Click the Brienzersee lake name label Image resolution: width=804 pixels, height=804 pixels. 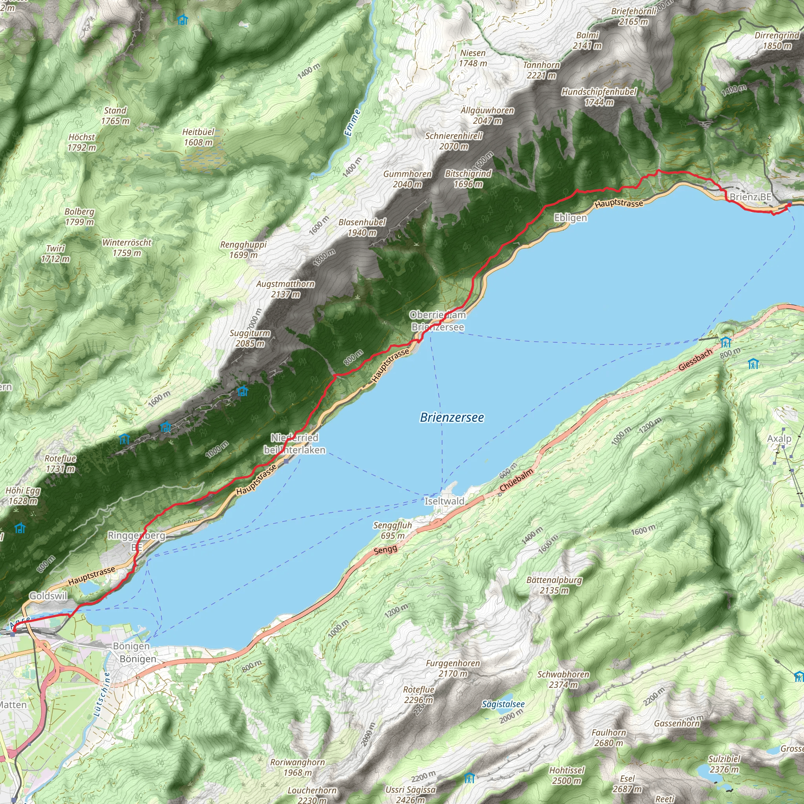click(x=451, y=417)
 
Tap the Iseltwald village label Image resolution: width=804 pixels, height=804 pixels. click(x=444, y=501)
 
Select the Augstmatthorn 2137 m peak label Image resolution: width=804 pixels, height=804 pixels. click(x=285, y=289)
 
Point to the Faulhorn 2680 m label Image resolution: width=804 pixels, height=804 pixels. click(x=608, y=737)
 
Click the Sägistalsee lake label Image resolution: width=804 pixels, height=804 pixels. click(x=503, y=704)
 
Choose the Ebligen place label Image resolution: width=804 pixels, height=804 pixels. click(x=570, y=217)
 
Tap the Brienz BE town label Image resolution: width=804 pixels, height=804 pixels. click(x=750, y=197)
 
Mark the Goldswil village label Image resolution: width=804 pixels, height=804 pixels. click(x=48, y=596)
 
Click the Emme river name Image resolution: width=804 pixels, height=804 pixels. click(x=353, y=123)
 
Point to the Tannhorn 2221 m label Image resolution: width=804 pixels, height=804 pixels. click(x=541, y=70)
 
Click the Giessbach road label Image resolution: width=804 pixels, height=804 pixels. click(x=695, y=360)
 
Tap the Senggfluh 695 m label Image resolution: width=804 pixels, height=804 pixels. click(x=393, y=530)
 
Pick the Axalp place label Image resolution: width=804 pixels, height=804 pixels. click(x=779, y=439)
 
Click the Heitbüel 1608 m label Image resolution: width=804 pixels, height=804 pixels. click(x=198, y=137)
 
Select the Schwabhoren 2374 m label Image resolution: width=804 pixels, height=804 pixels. click(x=563, y=679)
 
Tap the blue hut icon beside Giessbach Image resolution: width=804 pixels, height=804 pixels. click(x=726, y=342)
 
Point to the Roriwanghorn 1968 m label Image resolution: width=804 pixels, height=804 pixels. click(x=297, y=767)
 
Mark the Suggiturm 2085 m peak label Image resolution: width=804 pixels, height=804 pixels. click(x=250, y=338)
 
